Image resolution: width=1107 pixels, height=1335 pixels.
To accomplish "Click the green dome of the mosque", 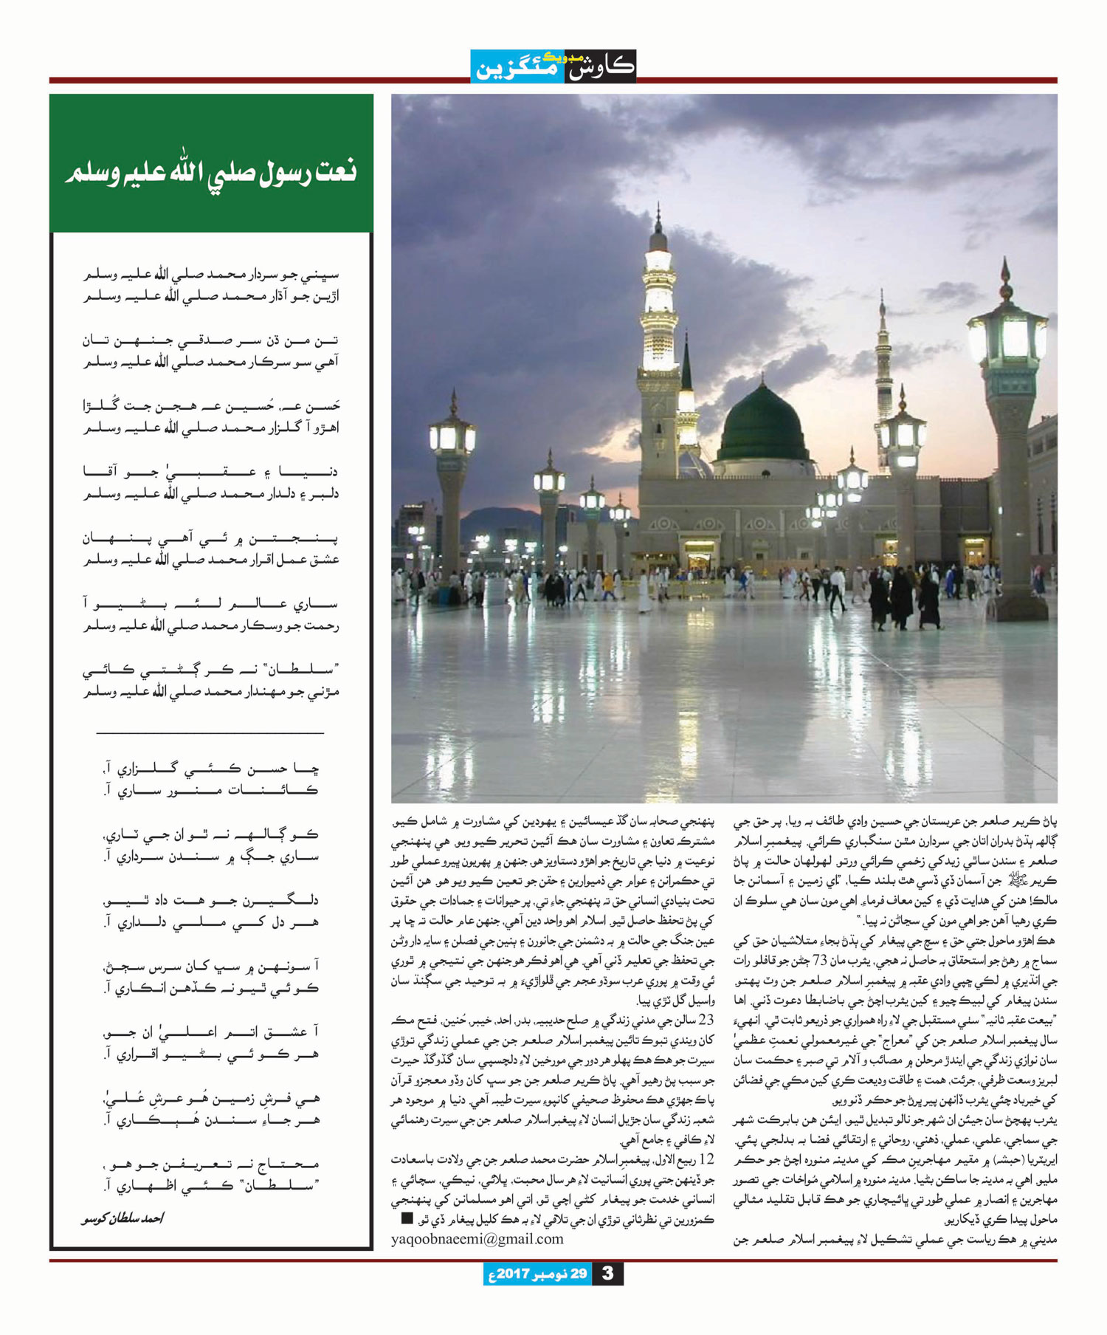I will point(763,425).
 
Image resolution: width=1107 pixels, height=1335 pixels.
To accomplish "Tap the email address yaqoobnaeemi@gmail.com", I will point(477,1239).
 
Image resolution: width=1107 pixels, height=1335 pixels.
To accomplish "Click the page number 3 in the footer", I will point(607,1274).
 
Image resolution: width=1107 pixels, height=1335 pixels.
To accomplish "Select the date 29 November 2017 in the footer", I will point(538,1274).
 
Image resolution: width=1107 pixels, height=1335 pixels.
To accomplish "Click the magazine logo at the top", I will point(553,66).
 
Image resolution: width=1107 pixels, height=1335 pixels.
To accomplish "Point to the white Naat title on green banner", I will point(211,172).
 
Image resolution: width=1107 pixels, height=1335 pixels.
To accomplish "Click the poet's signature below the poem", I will point(123,1218).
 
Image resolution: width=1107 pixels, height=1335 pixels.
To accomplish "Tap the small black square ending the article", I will point(407,1218).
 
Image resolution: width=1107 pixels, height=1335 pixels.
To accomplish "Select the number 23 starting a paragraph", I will point(706,1020).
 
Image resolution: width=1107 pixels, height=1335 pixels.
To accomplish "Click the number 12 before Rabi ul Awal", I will point(706,1158).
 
